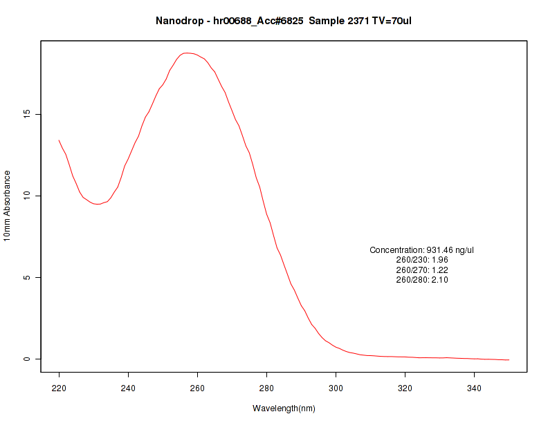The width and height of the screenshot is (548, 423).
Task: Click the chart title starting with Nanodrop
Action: coord(284,21)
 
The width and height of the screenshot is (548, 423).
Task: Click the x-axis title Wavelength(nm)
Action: coord(284,408)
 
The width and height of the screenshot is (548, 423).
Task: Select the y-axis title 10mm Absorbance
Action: coord(8,206)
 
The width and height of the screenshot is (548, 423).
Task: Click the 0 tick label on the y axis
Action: coord(28,359)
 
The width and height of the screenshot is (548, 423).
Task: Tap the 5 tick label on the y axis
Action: coord(28,277)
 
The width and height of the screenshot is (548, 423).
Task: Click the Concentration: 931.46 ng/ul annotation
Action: coord(422,250)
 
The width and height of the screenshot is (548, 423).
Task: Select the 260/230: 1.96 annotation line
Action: coord(422,260)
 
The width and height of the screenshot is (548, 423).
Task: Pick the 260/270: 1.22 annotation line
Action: coord(422,270)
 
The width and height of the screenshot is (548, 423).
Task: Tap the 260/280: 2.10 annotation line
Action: coord(422,280)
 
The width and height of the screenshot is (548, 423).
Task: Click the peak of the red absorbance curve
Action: coord(185,53)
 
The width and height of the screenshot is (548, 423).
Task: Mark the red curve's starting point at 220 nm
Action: coord(59,140)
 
